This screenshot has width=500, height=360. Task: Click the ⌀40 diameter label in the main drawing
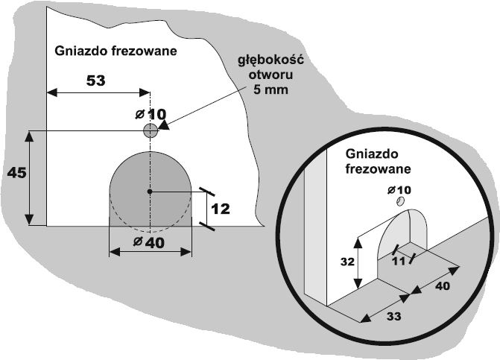(x=150, y=243)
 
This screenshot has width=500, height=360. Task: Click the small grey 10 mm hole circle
(x=151, y=131)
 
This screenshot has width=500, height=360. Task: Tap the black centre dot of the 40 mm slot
(x=150, y=192)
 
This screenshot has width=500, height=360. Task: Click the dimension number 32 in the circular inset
(x=347, y=263)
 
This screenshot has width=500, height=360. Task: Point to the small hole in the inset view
(x=401, y=202)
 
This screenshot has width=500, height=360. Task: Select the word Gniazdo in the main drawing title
(x=78, y=51)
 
